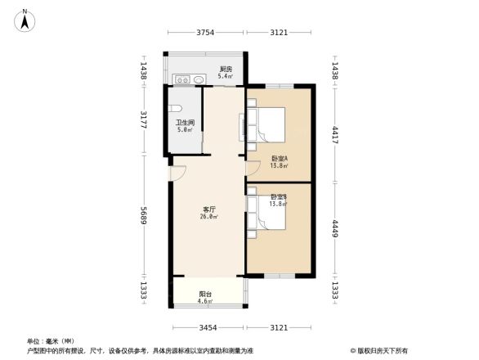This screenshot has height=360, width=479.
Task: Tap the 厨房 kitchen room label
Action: tap(226, 69)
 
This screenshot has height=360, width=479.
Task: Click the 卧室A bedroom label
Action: tap(279, 159)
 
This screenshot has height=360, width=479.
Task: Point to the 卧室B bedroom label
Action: tap(279, 197)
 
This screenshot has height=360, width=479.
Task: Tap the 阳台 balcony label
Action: tap(205, 295)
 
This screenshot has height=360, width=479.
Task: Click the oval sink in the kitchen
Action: tap(199, 79)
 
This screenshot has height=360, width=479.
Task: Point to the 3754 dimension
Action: tap(205, 33)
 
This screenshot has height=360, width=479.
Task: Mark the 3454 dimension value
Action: tap(208, 327)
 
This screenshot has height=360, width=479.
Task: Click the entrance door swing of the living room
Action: tap(178, 174)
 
